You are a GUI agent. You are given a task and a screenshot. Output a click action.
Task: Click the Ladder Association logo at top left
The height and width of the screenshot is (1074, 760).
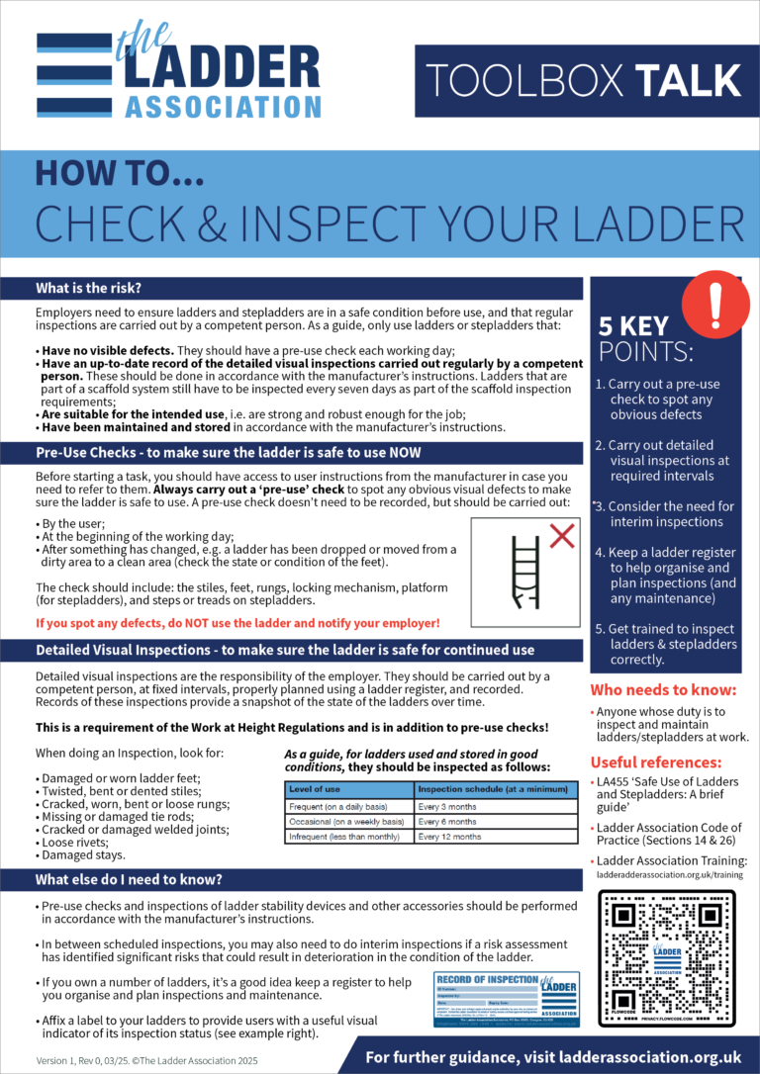point(178,74)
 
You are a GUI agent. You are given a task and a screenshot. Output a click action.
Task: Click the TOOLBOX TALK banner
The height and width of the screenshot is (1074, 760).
point(579,80)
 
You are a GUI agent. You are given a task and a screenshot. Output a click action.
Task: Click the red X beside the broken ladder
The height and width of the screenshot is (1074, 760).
point(562,535)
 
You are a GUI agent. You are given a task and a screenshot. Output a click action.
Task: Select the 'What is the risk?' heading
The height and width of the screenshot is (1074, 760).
point(89,288)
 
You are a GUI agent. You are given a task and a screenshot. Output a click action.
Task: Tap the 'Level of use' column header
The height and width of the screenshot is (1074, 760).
point(316,790)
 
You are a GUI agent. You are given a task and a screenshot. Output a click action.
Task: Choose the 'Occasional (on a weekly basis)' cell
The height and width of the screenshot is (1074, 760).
point(346,821)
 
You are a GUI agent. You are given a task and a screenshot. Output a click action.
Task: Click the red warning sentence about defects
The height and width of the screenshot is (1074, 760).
point(237,623)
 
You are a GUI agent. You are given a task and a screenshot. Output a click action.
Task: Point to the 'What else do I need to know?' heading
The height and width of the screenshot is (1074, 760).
point(129,879)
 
